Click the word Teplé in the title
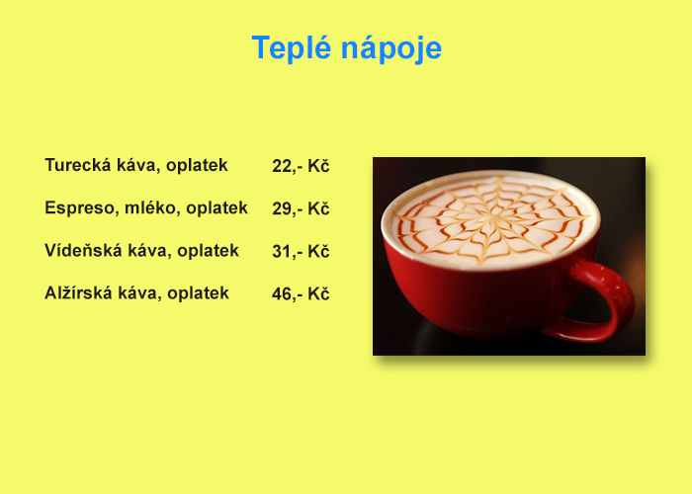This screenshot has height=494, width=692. tap(292, 47)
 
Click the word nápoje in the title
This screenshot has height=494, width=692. tap(391, 47)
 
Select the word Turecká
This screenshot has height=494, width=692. tap(78, 165)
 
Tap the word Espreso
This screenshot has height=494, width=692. tap(80, 207)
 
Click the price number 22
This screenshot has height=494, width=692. tap(282, 166)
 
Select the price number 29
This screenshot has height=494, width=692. tap(282, 208)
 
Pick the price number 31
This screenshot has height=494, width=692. tap(282, 251)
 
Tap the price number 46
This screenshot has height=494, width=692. tap(282, 293)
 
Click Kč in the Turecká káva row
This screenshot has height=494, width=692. tap(318, 166)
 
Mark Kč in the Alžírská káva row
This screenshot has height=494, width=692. tap(318, 293)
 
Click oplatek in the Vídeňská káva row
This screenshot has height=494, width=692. tap(208, 251)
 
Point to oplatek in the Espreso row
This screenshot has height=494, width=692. tap(216, 207)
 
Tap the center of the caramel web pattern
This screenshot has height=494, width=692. tap(491, 219)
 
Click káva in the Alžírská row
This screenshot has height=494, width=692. tap(139, 292)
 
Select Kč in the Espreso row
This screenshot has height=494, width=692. tap(318, 208)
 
